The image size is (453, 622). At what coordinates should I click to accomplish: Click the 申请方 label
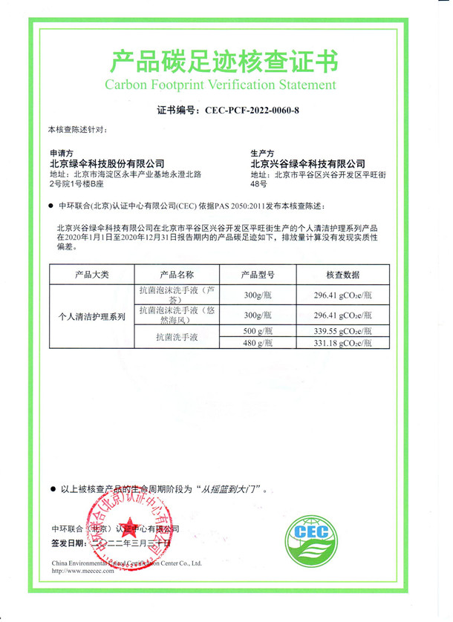pyautogui.click(x=61, y=151)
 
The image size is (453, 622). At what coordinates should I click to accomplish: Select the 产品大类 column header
pyautogui.click(x=91, y=275)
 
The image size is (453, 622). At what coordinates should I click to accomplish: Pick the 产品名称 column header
pyautogui.click(x=177, y=275)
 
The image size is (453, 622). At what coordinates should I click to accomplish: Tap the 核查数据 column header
pyautogui.click(x=343, y=275)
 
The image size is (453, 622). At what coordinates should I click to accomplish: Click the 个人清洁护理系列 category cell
pyautogui.click(x=92, y=316)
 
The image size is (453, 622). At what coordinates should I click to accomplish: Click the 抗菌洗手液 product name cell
pyautogui.click(x=177, y=337)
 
